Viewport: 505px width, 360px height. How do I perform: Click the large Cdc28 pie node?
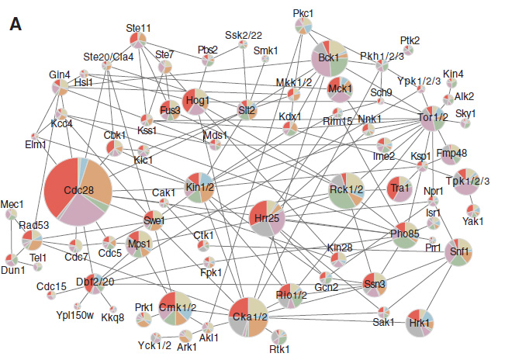(78, 189)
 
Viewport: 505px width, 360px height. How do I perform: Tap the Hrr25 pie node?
(267, 219)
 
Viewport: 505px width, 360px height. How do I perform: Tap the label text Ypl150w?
(74, 315)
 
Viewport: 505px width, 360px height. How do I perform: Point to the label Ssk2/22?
(244, 35)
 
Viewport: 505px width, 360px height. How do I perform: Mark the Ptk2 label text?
(410, 40)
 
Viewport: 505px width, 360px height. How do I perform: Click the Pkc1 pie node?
(303, 26)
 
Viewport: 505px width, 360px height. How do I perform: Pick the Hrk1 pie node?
(420, 323)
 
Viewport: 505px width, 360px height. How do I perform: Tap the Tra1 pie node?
(400, 189)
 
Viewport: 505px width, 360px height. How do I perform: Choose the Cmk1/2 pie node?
(175, 307)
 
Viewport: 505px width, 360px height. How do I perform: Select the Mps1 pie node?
(140, 243)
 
